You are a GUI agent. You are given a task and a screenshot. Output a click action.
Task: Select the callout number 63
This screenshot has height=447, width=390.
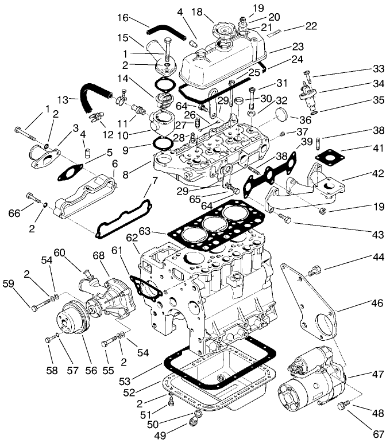[x=160, y=231]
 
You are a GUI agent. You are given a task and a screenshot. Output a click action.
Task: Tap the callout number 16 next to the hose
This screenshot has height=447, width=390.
[x=123, y=18]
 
